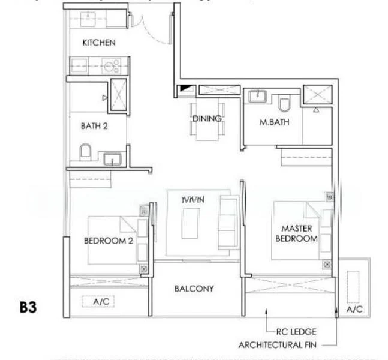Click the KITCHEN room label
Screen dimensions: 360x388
[x=98, y=43]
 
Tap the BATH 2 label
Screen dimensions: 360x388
[x=94, y=126]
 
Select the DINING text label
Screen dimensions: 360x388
[x=207, y=119]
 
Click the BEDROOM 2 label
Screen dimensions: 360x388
[x=108, y=241]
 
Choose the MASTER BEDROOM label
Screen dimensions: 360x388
[x=296, y=233]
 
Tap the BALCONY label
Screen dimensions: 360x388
[x=194, y=289]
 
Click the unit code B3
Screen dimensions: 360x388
[x=28, y=308]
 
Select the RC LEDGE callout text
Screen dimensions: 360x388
[x=296, y=331]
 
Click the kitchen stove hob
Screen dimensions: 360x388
[x=112, y=65]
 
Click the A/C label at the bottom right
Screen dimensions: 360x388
[x=355, y=310]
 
